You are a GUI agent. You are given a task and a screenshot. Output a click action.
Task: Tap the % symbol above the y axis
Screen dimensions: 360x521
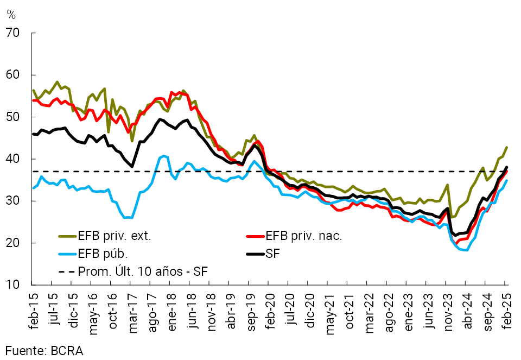(11, 15)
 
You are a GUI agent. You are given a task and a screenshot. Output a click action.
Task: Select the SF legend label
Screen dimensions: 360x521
(272, 253)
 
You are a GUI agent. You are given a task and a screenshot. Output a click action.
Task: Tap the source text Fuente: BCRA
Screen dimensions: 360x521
(45, 350)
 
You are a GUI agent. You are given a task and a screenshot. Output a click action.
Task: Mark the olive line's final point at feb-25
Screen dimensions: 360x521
(507, 147)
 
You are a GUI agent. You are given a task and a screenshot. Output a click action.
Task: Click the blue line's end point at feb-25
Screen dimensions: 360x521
(507, 181)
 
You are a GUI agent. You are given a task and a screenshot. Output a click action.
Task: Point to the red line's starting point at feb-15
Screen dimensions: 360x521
(33, 100)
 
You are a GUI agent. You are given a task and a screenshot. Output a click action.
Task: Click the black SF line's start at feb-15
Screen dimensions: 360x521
(33, 134)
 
